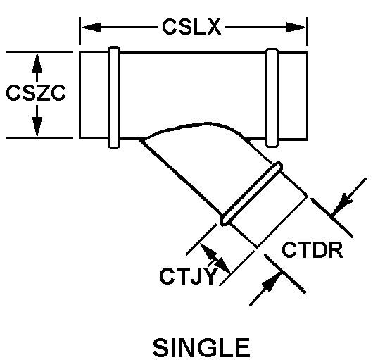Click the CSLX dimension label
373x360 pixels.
tap(191, 27)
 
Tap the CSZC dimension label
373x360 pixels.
tap(36, 92)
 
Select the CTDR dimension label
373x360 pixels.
tap(312, 250)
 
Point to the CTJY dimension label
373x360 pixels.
tap(189, 276)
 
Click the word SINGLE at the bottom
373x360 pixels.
tap(201, 347)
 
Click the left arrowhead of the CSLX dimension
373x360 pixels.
tap(91, 27)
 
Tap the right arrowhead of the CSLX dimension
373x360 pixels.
tap(296, 27)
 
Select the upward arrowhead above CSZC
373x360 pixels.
tap(37, 63)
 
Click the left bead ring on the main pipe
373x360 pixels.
tap(114, 97)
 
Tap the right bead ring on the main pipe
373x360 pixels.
tap(272, 98)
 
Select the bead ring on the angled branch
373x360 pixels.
tap(251, 194)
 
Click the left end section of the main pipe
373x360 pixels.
tap(94, 95)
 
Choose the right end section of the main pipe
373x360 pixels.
tap(293, 96)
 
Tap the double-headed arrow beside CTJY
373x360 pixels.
tap(215, 259)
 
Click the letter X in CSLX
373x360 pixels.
tap(214, 27)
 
